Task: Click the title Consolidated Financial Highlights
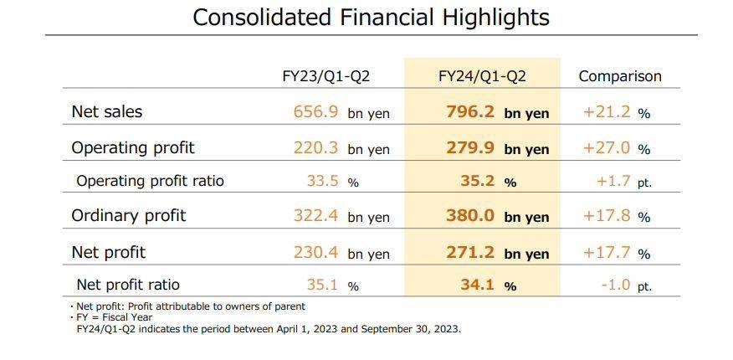(371, 17)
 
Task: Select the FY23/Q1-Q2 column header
(325, 76)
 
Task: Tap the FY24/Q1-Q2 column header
(482, 76)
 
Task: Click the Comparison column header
(620, 76)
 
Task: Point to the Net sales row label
(107, 111)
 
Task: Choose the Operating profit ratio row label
(150, 181)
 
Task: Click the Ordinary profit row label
(128, 215)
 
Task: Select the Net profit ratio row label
(128, 285)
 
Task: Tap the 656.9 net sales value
(316, 111)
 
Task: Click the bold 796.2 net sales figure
(470, 111)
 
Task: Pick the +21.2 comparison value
(607, 111)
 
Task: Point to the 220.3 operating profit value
(316, 148)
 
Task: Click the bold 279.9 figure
(470, 148)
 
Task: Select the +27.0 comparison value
(607, 148)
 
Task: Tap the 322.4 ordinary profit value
(316, 215)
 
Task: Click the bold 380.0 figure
(470, 215)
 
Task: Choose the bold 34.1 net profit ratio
(478, 285)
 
